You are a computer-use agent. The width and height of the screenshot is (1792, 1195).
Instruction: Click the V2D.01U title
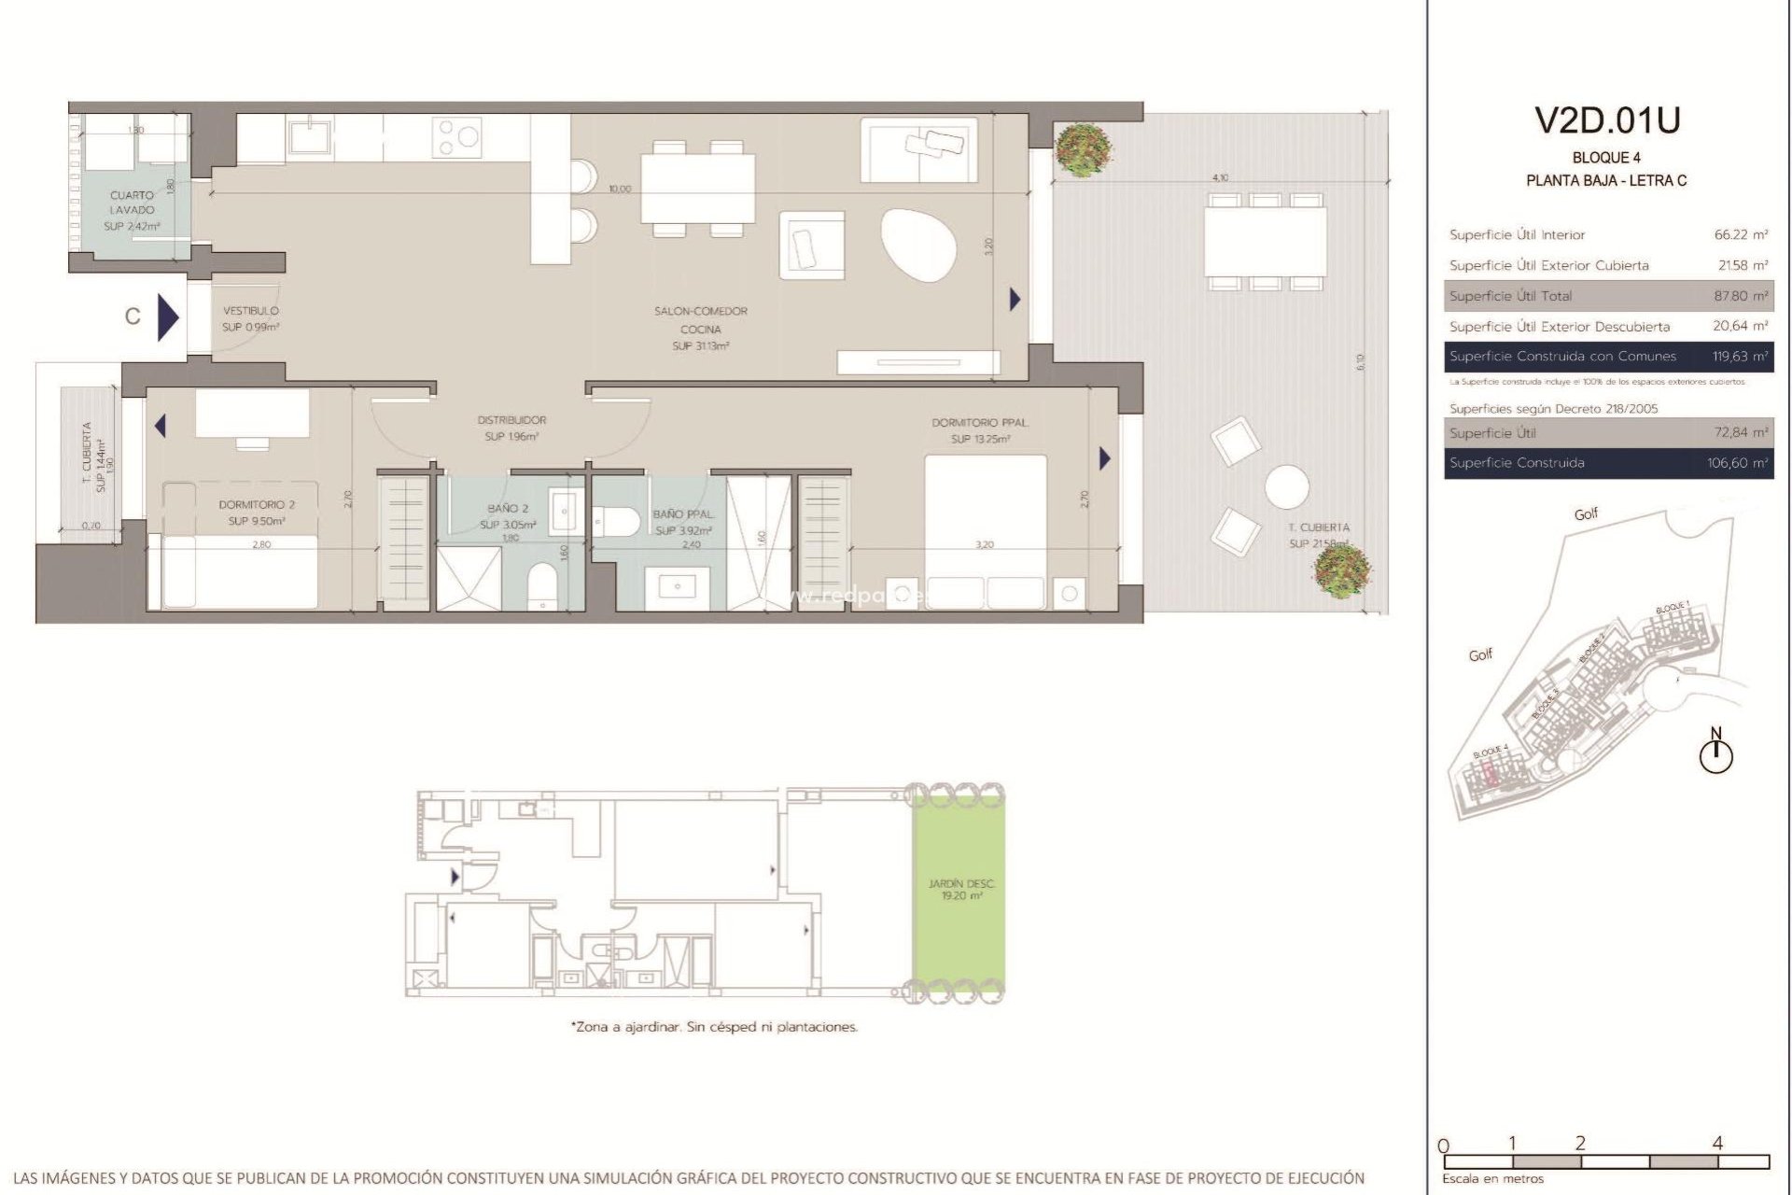click(1606, 120)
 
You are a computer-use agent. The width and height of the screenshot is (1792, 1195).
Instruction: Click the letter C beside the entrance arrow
click(133, 316)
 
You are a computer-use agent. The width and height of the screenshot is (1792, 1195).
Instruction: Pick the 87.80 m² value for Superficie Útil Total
click(1741, 296)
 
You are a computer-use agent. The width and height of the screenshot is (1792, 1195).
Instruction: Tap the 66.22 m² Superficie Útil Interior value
click(1741, 235)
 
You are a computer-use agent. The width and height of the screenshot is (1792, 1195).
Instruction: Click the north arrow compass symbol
click(1715, 752)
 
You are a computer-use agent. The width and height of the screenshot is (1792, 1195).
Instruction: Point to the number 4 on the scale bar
click(1717, 1143)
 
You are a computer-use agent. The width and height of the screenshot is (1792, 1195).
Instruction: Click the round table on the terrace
click(1287, 486)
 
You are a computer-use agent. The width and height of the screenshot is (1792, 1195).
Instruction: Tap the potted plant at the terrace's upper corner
click(1083, 150)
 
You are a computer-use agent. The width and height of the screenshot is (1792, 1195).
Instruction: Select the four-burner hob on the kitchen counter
click(457, 136)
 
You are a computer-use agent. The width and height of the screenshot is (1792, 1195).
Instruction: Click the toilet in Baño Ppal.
click(614, 520)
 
